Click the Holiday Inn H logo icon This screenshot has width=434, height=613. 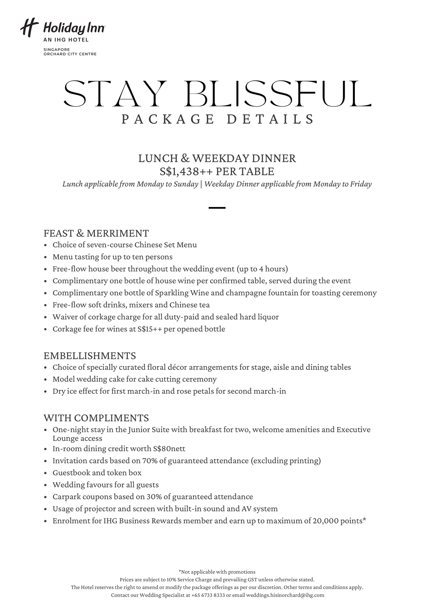29,28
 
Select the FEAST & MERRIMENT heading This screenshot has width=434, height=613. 96,233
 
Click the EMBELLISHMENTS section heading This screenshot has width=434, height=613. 90,356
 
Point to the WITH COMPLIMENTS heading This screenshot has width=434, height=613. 96,418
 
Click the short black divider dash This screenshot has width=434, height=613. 217,208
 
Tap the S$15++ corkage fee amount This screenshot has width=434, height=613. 150,329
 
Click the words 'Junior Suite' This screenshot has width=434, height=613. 148,430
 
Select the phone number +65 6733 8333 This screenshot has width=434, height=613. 208,595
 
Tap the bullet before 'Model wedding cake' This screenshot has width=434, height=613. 46,380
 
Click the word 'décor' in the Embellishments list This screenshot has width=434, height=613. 177,367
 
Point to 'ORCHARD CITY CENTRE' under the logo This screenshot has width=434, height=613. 70,54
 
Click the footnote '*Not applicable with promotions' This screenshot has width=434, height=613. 217,572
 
